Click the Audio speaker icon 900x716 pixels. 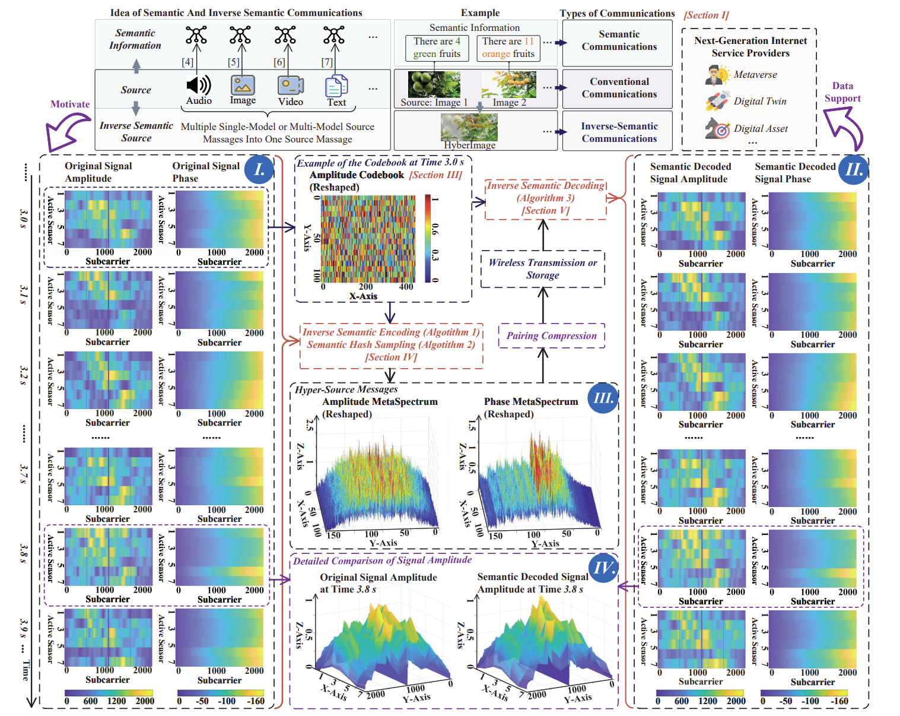point(198,85)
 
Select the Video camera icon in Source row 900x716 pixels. point(290,85)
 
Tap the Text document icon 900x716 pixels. point(336,86)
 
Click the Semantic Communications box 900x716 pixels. point(618,41)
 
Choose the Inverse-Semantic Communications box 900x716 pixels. point(618,132)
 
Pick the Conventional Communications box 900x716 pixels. point(618,88)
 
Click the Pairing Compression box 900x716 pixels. point(551,336)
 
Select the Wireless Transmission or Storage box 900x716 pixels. point(542,269)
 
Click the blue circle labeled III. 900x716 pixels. point(603,398)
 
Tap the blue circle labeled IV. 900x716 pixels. point(603,568)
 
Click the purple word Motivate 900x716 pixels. point(70,104)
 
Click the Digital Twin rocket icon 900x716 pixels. point(718,101)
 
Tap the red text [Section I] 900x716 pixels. point(706,15)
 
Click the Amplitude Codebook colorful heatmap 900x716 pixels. point(368,239)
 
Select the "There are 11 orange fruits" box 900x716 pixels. point(508,48)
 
